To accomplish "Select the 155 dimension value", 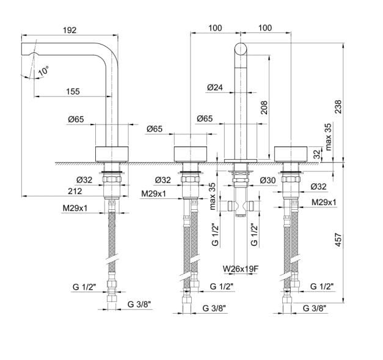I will (72, 92).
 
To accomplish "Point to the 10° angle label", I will (42, 72).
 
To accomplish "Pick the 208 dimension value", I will (264, 107).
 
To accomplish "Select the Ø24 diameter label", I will (214, 87).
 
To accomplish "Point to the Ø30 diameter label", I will (267, 181).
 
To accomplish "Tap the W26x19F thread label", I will (241, 267).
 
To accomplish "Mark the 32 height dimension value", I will (316, 155).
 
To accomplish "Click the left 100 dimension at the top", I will (214, 28).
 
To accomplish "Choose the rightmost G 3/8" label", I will (315, 309).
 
